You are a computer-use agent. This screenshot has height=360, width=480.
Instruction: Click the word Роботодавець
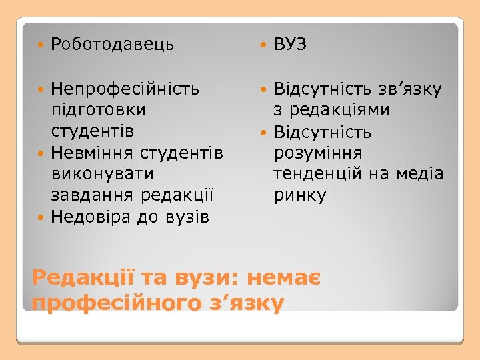(112, 45)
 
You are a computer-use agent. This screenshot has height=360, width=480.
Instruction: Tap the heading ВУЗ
(289, 45)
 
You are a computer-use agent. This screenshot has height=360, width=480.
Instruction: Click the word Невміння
(93, 153)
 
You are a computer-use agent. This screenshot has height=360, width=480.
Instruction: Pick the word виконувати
(102, 174)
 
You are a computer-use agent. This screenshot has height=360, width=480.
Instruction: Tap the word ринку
(300, 195)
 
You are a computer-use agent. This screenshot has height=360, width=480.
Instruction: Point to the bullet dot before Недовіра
(42, 217)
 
